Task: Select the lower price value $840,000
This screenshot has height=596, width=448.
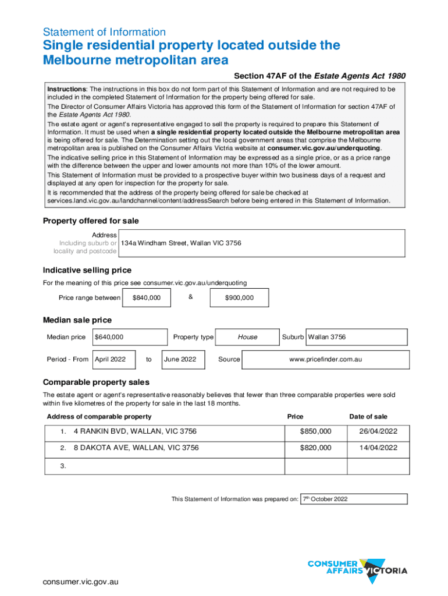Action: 147,298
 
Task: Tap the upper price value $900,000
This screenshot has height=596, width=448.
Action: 239,298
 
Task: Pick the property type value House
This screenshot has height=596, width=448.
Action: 247,337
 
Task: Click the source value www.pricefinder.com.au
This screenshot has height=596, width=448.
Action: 325,359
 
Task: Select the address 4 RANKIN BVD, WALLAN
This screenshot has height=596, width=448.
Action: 135,431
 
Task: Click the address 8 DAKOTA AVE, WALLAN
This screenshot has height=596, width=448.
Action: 136,448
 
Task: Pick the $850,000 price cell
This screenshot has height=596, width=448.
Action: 315,431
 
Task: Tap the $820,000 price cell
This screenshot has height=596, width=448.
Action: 315,448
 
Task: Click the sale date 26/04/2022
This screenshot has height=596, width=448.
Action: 378,431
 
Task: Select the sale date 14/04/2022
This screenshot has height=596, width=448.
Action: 378,448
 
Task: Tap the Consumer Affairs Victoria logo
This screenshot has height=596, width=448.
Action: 357,567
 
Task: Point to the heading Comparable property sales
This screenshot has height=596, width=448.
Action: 96,382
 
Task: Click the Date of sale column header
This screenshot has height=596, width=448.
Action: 368,416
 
